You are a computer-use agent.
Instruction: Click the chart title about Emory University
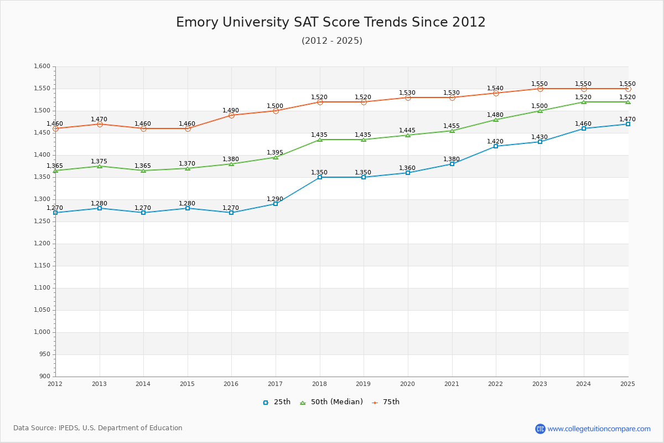click(x=331, y=23)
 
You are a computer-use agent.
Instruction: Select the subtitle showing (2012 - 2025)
click(x=332, y=41)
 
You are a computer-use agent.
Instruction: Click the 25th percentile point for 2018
click(x=320, y=177)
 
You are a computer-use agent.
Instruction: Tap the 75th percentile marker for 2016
click(x=231, y=115)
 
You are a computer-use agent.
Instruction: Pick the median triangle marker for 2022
click(x=496, y=120)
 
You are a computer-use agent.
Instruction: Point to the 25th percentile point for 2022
click(x=496, y=146)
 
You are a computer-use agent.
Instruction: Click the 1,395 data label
click(x=275, y=153)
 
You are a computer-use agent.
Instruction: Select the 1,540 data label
click(x=495, y=89)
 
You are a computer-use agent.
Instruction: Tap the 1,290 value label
click(x=275, y=199)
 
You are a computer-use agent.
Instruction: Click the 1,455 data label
click(x=452, y=126)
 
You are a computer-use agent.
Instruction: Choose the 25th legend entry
click(x=277, y=403)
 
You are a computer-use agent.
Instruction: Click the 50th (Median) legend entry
click(x=331, y=403)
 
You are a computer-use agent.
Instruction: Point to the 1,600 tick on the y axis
click(x=42, y=66)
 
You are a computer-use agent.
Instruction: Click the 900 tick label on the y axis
click(x=45, y=377)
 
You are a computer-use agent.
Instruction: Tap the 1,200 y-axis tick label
click(x=42, y=244)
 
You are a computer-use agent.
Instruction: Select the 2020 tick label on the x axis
click(x=407, y=384)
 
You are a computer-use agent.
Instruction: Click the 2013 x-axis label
click(x=99, y=384)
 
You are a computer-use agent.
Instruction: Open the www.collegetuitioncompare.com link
click(x=599, y=429)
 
